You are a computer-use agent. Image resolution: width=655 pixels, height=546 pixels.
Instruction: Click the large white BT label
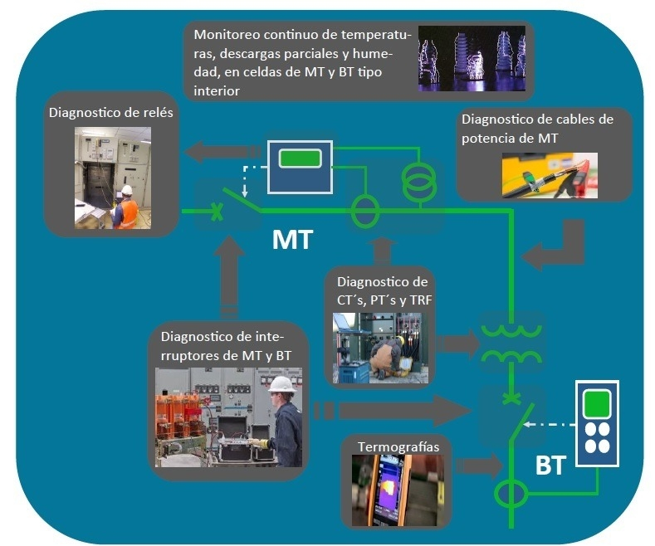tap(550, 466)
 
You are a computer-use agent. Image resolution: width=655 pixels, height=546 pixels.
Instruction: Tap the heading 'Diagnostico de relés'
tap(111, 113)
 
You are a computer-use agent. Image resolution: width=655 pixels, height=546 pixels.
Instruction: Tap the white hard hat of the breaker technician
tap(282, 384)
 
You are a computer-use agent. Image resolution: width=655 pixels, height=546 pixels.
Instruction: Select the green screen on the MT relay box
tap(300, 158)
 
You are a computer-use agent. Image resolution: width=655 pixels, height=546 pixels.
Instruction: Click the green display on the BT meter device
tap(596, 404)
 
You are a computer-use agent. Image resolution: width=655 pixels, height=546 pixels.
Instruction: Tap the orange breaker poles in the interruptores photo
tap(178, 415)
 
